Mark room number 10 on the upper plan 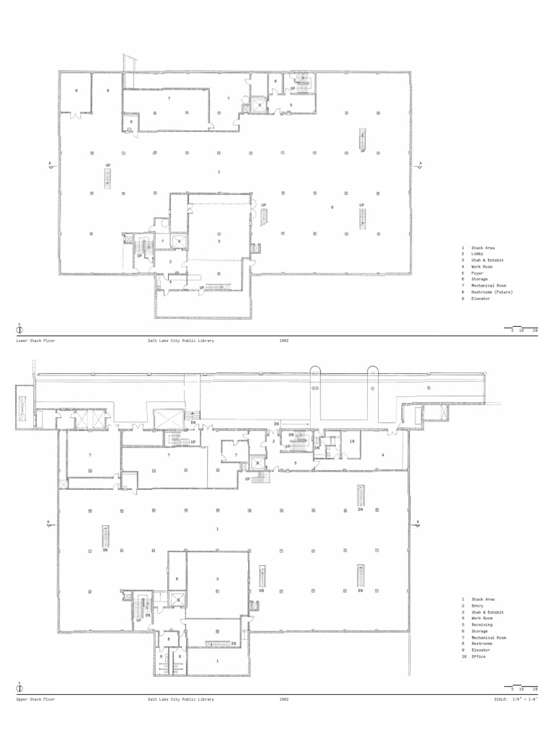coord(352,440)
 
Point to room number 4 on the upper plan coord(383,455)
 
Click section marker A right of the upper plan coord(417,523)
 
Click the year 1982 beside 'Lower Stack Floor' coord(283,339)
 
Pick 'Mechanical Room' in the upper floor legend coord(489,637)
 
